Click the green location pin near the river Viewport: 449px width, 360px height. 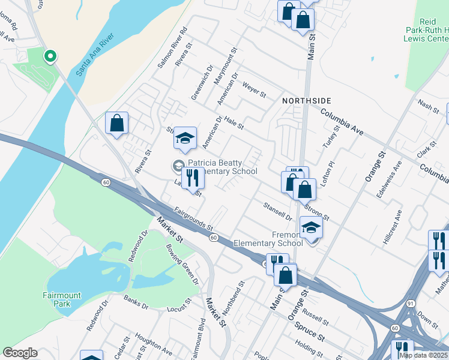pos(50,56)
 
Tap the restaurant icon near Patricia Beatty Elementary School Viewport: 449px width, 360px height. pos(192,179)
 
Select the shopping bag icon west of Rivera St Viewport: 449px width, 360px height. pos(117,123)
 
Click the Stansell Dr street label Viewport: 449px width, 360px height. pos(277,211)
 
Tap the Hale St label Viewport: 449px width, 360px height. pos(234,123)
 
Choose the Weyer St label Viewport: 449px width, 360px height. pos(254,90)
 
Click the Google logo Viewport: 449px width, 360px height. pos(20,353)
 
